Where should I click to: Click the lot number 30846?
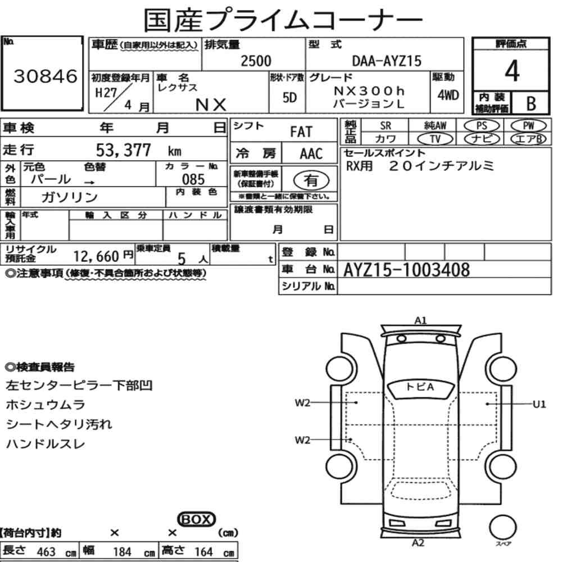(45, 76)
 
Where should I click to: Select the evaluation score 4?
(512, 71)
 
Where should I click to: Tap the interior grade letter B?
(531, 103)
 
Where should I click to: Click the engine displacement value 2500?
(256, 61)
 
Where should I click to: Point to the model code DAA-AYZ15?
(387, 61)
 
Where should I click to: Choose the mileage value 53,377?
(123, 150)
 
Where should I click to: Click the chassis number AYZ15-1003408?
(406, 270)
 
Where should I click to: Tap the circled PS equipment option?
(482, 126)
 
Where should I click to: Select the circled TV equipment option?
(436, 139)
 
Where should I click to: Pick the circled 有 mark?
(311, 180)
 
